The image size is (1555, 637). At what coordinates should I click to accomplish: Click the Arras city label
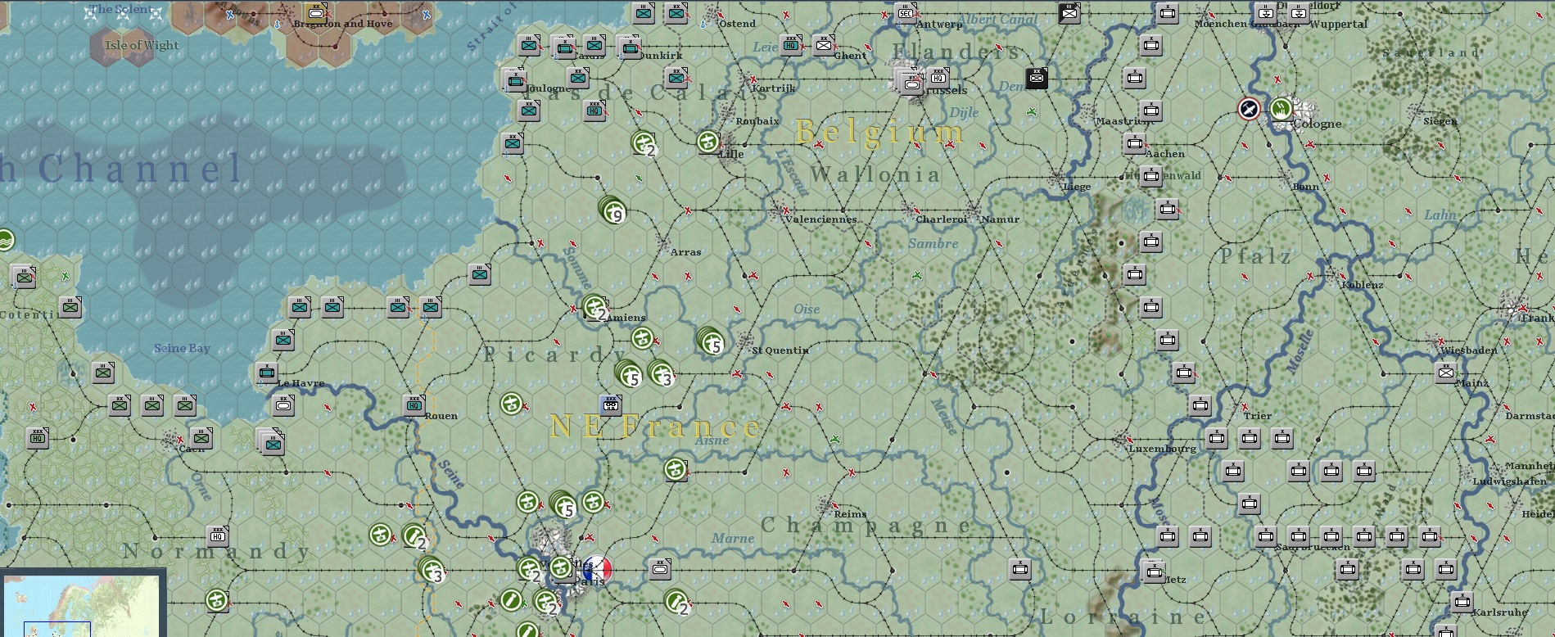tap(685, 252)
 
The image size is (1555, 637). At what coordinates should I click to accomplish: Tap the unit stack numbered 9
tap(612, 210)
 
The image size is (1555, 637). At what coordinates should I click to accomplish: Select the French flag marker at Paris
tap(598, 568)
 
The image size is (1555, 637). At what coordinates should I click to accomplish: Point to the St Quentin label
tap(780, 350)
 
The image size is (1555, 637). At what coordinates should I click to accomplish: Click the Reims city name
tap(850, 514)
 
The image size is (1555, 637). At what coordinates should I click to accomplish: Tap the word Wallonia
tap(875, 174)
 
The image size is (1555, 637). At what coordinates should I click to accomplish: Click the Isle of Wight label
tap(142, 45)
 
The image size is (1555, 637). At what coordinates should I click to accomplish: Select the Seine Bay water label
tap(182, 349)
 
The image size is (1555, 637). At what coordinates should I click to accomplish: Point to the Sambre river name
tap(933, 244)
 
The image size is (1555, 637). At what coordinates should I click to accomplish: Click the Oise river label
tap(807, 309)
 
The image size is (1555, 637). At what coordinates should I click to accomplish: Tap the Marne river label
tap(733, 538)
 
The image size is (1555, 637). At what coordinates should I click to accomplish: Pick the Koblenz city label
tap(1363, 285)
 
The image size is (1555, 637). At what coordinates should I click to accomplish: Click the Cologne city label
tap(1318, 124)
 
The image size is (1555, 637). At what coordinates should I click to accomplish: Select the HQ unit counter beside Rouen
tap(414, 404)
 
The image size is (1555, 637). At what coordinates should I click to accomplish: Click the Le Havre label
tap(301, 383)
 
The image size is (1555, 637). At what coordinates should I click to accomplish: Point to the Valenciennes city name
tap(820, 219)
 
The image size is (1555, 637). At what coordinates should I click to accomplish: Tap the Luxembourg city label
tap(1162, 449)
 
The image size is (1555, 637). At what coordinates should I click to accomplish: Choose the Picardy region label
tap(557, 355)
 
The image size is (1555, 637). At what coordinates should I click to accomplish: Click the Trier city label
tap(1257, 416)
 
